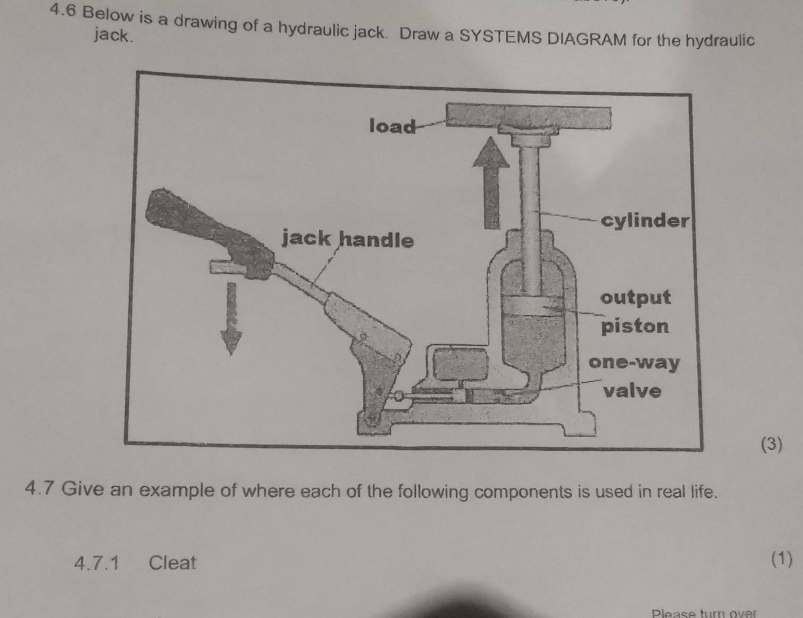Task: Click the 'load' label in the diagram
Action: (392, 127)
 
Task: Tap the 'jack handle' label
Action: (347, 239)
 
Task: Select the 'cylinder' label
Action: (645, 220)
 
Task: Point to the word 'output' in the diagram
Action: (635, 297)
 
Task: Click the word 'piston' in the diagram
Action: (635, 325)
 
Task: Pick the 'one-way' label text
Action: (634, 363)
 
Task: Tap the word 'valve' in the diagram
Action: (632, 391)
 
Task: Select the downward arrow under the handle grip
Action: (231, 318)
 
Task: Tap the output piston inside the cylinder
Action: (533, 306)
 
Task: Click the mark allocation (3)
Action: (772, 444)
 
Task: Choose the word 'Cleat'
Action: (172, 562)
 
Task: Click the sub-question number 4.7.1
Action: (97, 562)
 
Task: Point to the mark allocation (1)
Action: (781, 559)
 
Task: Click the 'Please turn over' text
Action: (703, 613)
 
